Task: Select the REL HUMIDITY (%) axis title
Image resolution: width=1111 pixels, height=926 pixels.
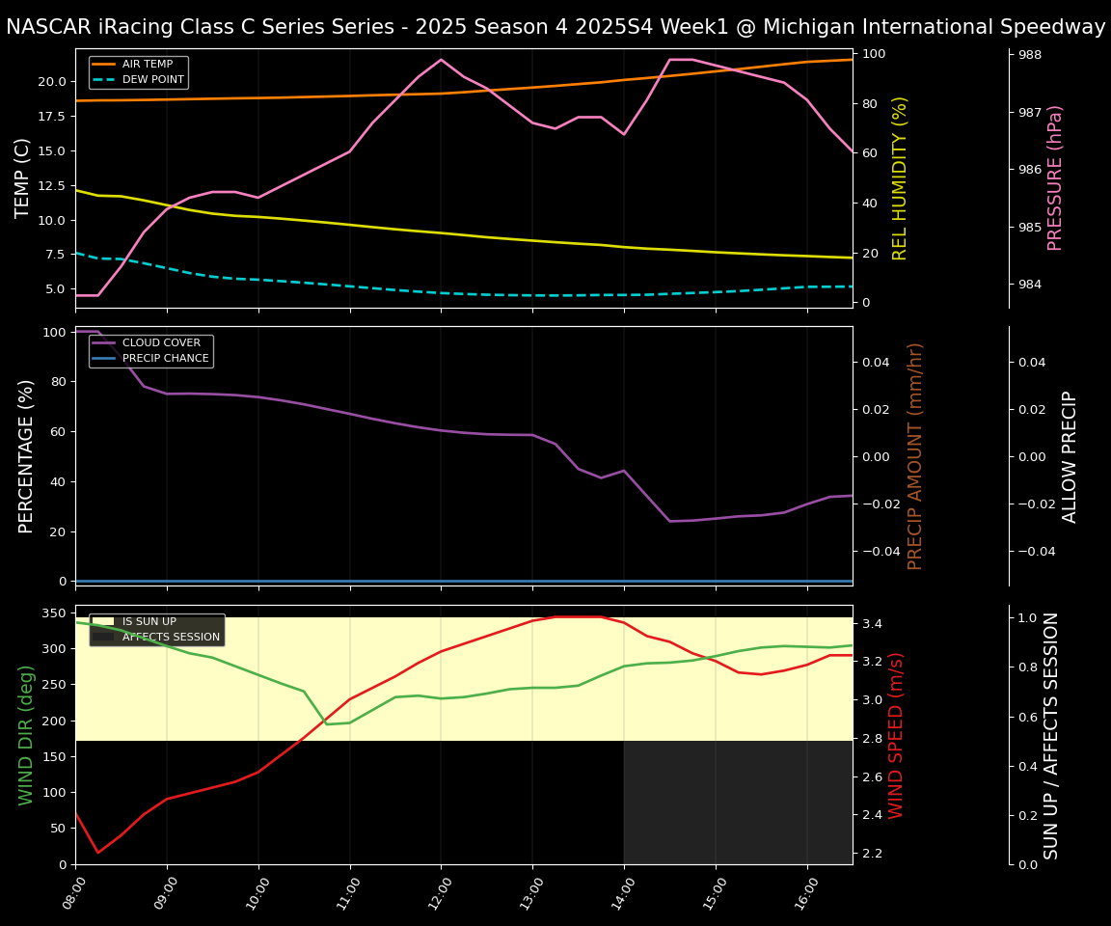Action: point(901,177)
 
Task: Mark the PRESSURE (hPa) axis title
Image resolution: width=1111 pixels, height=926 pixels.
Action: point(1055,177)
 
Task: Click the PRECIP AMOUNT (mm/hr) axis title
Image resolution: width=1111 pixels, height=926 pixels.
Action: point(916,455)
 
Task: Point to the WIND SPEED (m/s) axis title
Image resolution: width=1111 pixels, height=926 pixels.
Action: point(897,735)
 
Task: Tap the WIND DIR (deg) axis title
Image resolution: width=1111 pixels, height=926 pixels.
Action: point(26,735)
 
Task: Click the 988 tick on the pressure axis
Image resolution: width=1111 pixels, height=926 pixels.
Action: point(1029,55)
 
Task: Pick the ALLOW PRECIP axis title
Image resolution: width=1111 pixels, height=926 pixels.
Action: point(1070,455)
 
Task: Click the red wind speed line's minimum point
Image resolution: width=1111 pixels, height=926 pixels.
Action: point(97,853)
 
